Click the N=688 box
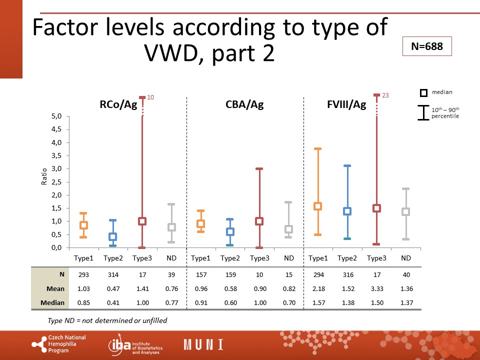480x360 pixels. tap(427, 46)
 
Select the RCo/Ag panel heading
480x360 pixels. tap(118, 104)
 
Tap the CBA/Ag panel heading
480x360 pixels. tap(244, 104)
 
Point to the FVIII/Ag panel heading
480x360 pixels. tap(346, 104)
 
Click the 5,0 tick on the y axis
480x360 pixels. tap(56, 116)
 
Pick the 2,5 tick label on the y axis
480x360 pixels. tap(56, 182)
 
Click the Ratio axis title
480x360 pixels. tap(44, 176)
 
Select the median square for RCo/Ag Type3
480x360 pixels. tap(142, 221)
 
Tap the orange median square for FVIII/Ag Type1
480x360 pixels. tap(318, 206)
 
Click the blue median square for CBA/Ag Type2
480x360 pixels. tap(230, 231)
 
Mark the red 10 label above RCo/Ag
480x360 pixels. tap(150, 97)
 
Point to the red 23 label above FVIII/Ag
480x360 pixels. tap(385, 95)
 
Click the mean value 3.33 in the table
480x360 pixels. tap(377, 288)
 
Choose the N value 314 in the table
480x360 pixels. tap(113, 274)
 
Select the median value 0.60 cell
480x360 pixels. tap(230, 303)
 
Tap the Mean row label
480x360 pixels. tap(55, 288)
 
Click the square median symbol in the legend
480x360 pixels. tap(423, 93)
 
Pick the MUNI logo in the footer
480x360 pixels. tap(203, 344)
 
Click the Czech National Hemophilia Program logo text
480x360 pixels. tap(67, 344)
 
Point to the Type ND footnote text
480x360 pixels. tap(107, 320)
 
